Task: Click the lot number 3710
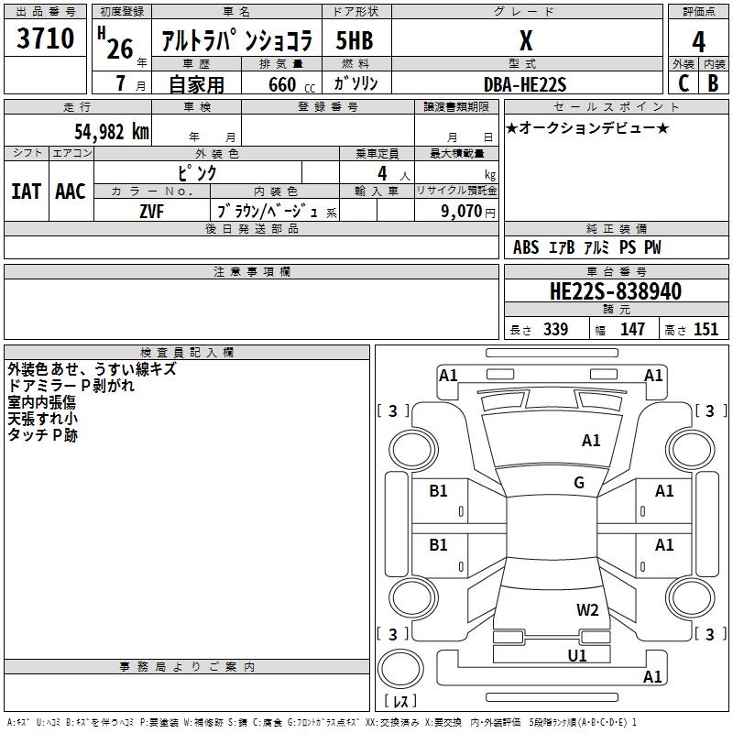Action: click(x=46, y=39)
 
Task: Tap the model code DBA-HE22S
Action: click(x=526, y=84)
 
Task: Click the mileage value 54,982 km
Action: click(x=111, y=131)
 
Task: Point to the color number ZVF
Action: click(x=152, y=211)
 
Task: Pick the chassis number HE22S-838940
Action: click(x=615, y=292)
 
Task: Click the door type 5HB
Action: click(x=355, y=41)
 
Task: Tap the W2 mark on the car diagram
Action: click(x=587, y=609)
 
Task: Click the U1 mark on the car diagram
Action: click(x=576, y=655)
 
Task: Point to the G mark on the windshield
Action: click(x=579, y=483)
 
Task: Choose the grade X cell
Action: click(x=525, y=41)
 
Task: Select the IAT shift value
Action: click(x=26, y=191)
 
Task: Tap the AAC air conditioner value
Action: click(x=71, y=191)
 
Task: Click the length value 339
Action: click(x=555, y=330)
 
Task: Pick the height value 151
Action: click(x=706, y=330)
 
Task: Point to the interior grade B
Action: click(x=713, y=83)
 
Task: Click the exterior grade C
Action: click(x=684, y=83)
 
